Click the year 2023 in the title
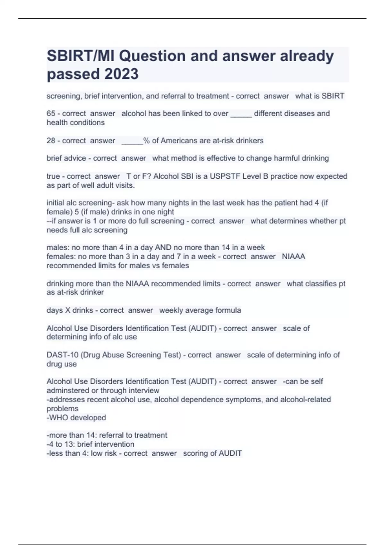[x=121, y=74]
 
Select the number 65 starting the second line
[x=51, y=113]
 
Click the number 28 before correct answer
[x=51, y=140]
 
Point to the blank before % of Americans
[x=132, y=141]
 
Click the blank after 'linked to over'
[x=241, y=114]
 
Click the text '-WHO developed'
[x=76, y=417]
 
